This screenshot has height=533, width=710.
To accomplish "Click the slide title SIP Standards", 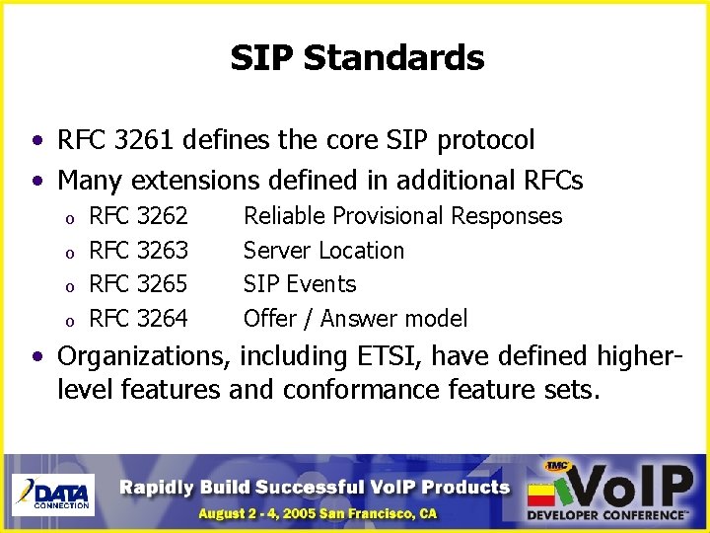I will (357, 57).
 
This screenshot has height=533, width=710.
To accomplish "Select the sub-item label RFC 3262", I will (138, 216).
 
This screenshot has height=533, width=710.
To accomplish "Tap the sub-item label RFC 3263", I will (138, 251).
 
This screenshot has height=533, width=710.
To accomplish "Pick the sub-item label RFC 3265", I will (138, 284).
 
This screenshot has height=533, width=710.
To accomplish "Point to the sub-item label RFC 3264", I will (138, 319).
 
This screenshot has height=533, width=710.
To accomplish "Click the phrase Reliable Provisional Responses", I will (402, 216).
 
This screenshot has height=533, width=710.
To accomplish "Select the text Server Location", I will (323, 251).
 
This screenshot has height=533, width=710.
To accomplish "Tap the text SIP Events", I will (300, 284).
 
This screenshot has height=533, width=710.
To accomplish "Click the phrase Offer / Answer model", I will (355, 319).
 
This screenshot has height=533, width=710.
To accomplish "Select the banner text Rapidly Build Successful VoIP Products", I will (316, 487).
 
